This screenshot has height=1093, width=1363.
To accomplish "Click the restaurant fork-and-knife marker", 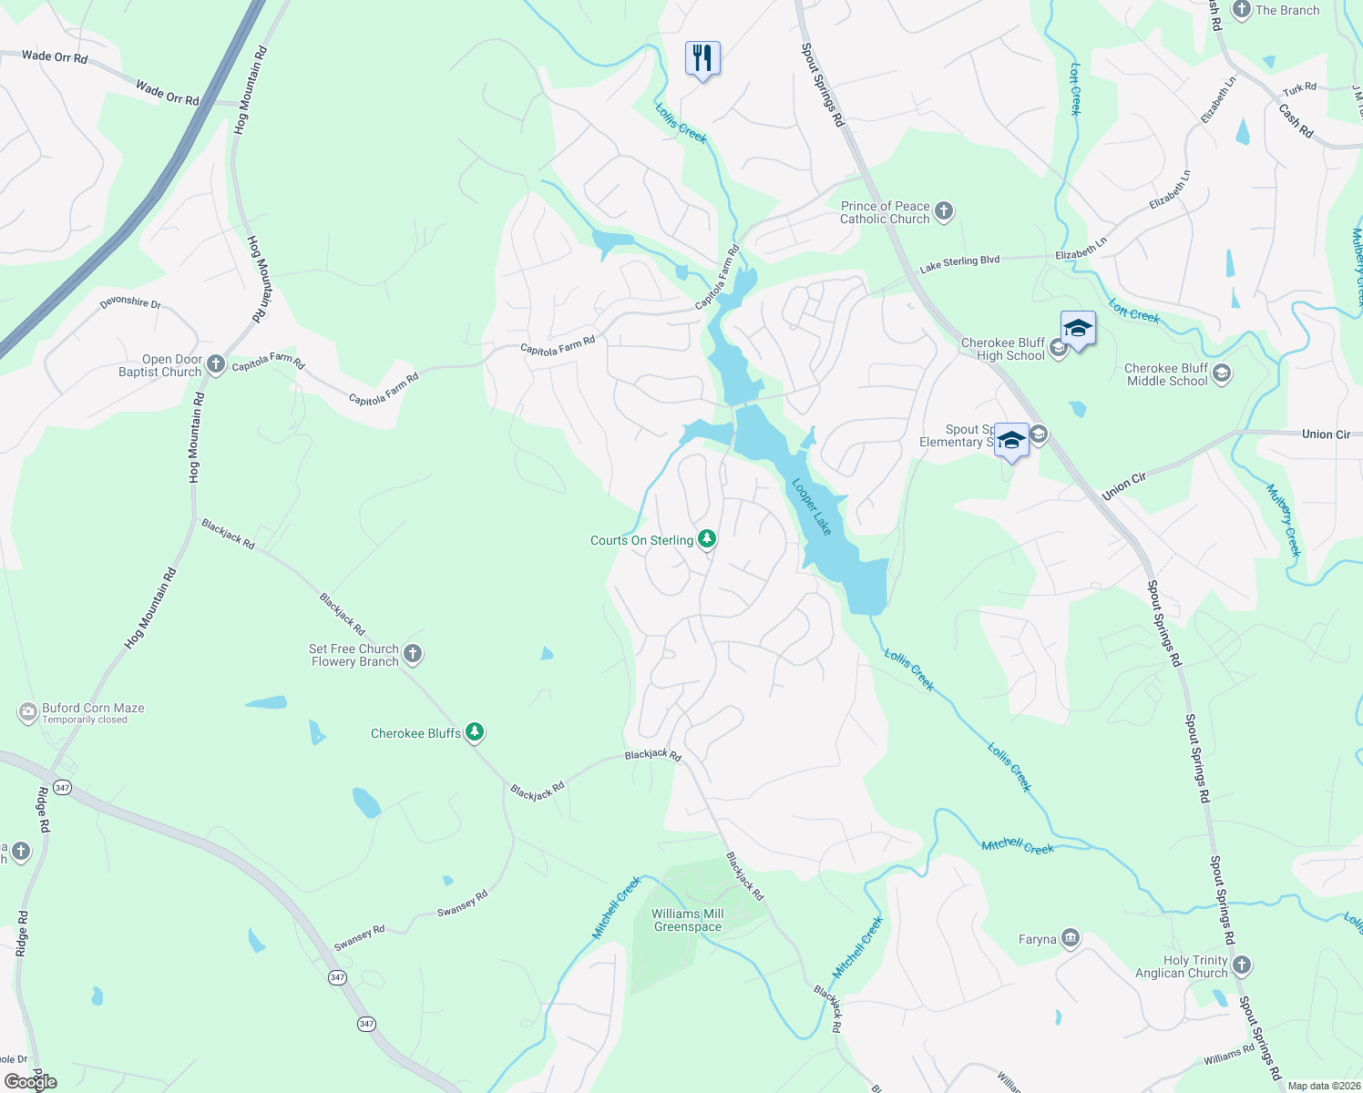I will (702, 58).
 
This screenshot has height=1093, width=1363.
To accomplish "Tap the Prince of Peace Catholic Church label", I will (885, 212).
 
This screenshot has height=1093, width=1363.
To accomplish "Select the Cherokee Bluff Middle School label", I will (1166, 374).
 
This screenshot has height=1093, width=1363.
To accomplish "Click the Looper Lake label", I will (812, 506).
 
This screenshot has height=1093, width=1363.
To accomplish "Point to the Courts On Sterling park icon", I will (706, 539).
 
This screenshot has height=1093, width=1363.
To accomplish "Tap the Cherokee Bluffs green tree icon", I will (474, 732).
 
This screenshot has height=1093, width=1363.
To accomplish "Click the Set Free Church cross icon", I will (413, 653).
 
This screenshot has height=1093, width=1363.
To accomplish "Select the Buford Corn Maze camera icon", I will (28, 712).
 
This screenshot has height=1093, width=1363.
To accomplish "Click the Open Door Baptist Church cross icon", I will (216, 364).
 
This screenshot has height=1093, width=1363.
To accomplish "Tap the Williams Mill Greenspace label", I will (688, 920).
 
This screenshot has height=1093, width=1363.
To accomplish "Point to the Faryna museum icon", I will (1071, 938).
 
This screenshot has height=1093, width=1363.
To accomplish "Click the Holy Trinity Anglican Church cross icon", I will (1242, 965).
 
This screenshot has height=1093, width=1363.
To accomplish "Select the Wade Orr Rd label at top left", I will (55, 56).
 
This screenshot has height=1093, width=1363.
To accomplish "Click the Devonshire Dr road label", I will (130, 301).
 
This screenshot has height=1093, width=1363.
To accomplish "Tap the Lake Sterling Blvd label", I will (959, 262).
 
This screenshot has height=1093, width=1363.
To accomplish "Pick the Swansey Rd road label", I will (462, 903).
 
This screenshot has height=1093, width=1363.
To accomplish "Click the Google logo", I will (31, 1082).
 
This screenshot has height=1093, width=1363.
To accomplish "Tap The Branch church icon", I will (1241, 10).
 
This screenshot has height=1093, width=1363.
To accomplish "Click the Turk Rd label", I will (1299, 88).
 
